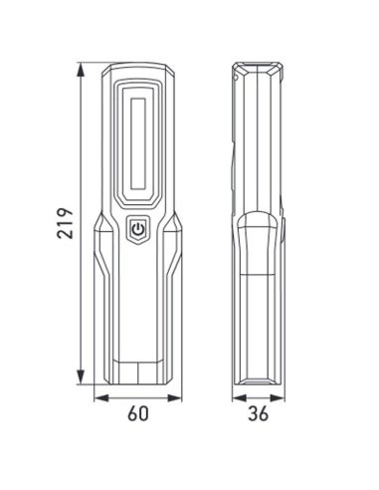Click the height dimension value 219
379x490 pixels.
coord(61,226)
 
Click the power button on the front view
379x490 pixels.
coord(137,231)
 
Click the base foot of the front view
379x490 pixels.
coord(137,373)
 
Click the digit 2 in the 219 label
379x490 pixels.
coord(61,240)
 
